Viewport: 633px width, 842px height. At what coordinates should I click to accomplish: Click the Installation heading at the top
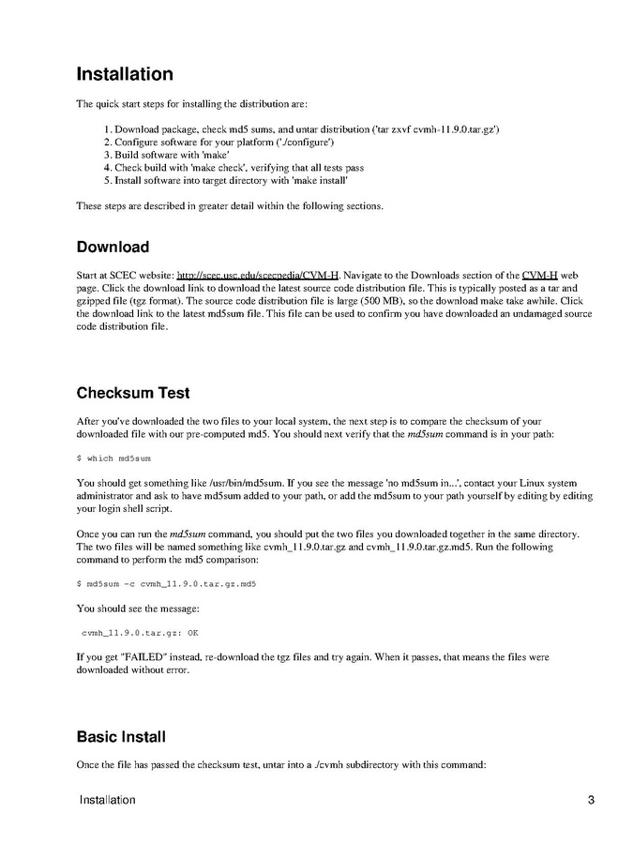click(124, 74)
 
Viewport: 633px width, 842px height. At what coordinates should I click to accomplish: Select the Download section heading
click(113, 247)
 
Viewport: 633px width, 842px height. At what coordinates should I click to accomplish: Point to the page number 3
click(591, 800)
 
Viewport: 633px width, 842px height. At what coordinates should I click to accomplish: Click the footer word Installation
click(108, 800)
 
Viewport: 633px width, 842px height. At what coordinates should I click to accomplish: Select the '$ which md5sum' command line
click(113, 459)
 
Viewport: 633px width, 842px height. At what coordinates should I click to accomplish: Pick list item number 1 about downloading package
click(300, 128)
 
